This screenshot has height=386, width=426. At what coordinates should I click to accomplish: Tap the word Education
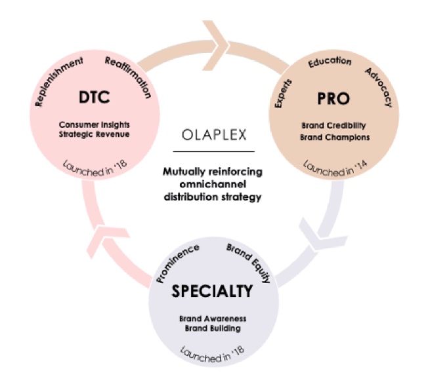click(330, 64)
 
